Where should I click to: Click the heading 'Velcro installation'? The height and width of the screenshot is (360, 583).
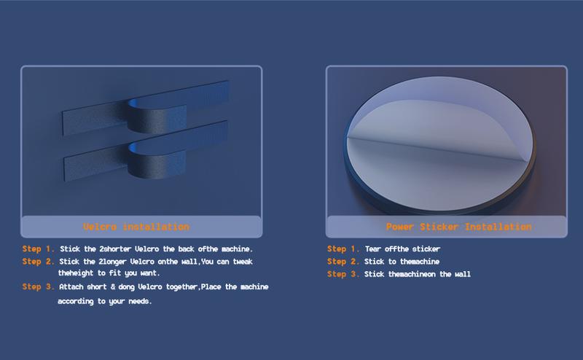click(x=136, y=227)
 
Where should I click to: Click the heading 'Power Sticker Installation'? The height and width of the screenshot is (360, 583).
click(x=459, y=227)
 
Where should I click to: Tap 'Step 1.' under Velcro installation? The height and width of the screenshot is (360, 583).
click(x=39, y=249)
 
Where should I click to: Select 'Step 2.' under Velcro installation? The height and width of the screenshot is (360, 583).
click(x=39, y=262)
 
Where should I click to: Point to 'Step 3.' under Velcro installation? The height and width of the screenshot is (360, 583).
click(x=39, y=286)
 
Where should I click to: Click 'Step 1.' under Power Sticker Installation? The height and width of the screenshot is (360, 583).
click(x=343, y=249)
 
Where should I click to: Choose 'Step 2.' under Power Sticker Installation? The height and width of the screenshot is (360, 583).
click(x=343, y=262)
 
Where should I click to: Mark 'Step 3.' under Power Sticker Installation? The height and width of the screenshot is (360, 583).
click(x=343, y=274)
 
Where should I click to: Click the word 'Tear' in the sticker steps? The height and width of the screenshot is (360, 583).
click(x=373, y=249)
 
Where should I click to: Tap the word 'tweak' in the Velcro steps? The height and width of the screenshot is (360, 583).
click(x=243, y=262)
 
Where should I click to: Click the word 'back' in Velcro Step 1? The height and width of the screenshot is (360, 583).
click(x=186, y=249)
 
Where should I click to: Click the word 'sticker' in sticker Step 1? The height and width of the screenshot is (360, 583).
click(x=426, y=249)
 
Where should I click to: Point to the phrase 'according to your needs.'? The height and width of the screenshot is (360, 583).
click(x=105, y=301)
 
